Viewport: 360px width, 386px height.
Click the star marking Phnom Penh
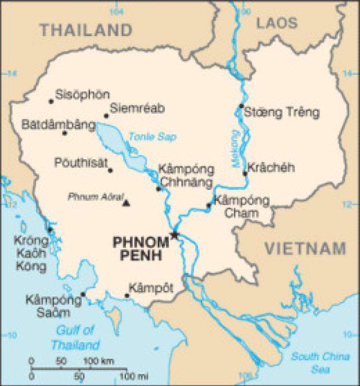pos(175,235)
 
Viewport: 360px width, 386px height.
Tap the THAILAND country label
pos(86,29)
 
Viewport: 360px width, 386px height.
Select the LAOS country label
pos(276,23)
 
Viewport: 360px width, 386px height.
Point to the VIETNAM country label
pos(305,248)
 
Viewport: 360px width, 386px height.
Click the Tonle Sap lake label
pos(144,136)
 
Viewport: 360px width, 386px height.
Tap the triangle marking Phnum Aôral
pos(126,203)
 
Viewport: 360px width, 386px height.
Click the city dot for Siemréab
pos(106,116)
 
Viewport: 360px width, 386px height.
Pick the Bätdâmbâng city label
pos(58,124)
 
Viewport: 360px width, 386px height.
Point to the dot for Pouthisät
pos(110,170)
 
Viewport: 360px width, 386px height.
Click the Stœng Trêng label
pos(281,113)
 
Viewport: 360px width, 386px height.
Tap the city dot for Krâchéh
pos(245,173)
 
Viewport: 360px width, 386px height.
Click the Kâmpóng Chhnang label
pos(186,176)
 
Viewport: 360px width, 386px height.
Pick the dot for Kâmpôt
pos(127,295)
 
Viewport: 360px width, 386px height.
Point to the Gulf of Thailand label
pos(75,338)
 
